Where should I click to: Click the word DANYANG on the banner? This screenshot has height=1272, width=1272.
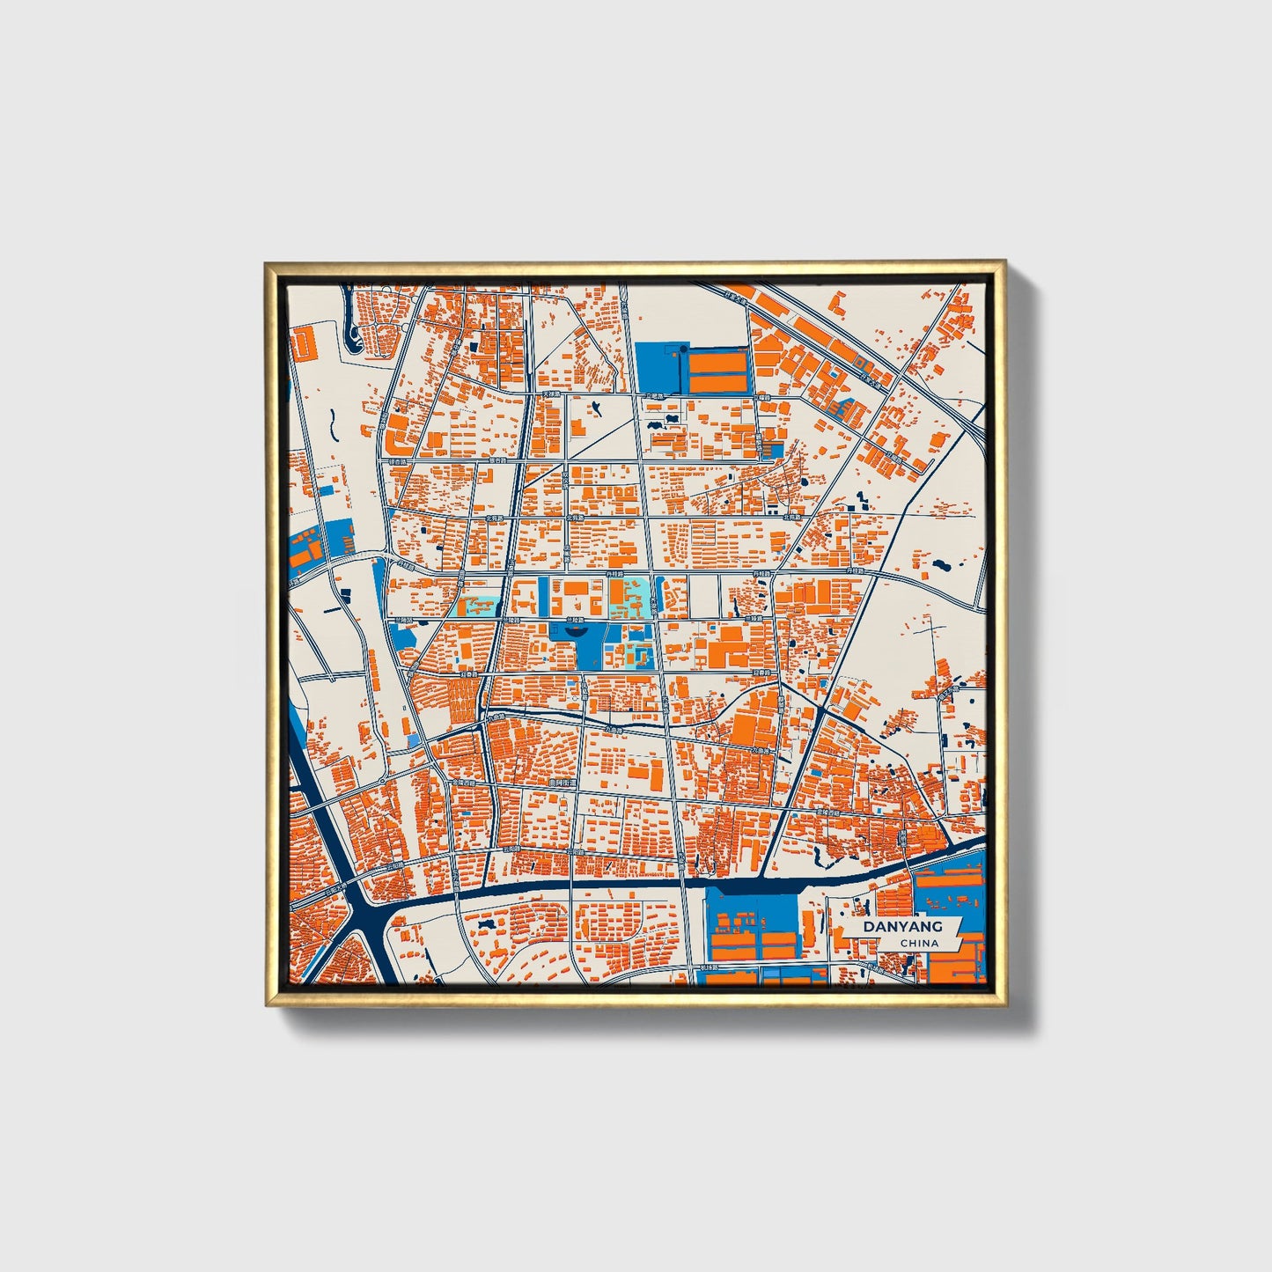[x=902, y=926]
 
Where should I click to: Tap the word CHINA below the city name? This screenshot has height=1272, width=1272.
[x=919, y=943]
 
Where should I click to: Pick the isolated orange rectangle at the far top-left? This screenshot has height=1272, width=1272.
[x=303, y=342]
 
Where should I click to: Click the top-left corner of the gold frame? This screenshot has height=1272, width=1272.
[x=266, y=262]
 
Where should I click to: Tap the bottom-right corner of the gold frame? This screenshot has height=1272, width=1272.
[x=1004, y=1005]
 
